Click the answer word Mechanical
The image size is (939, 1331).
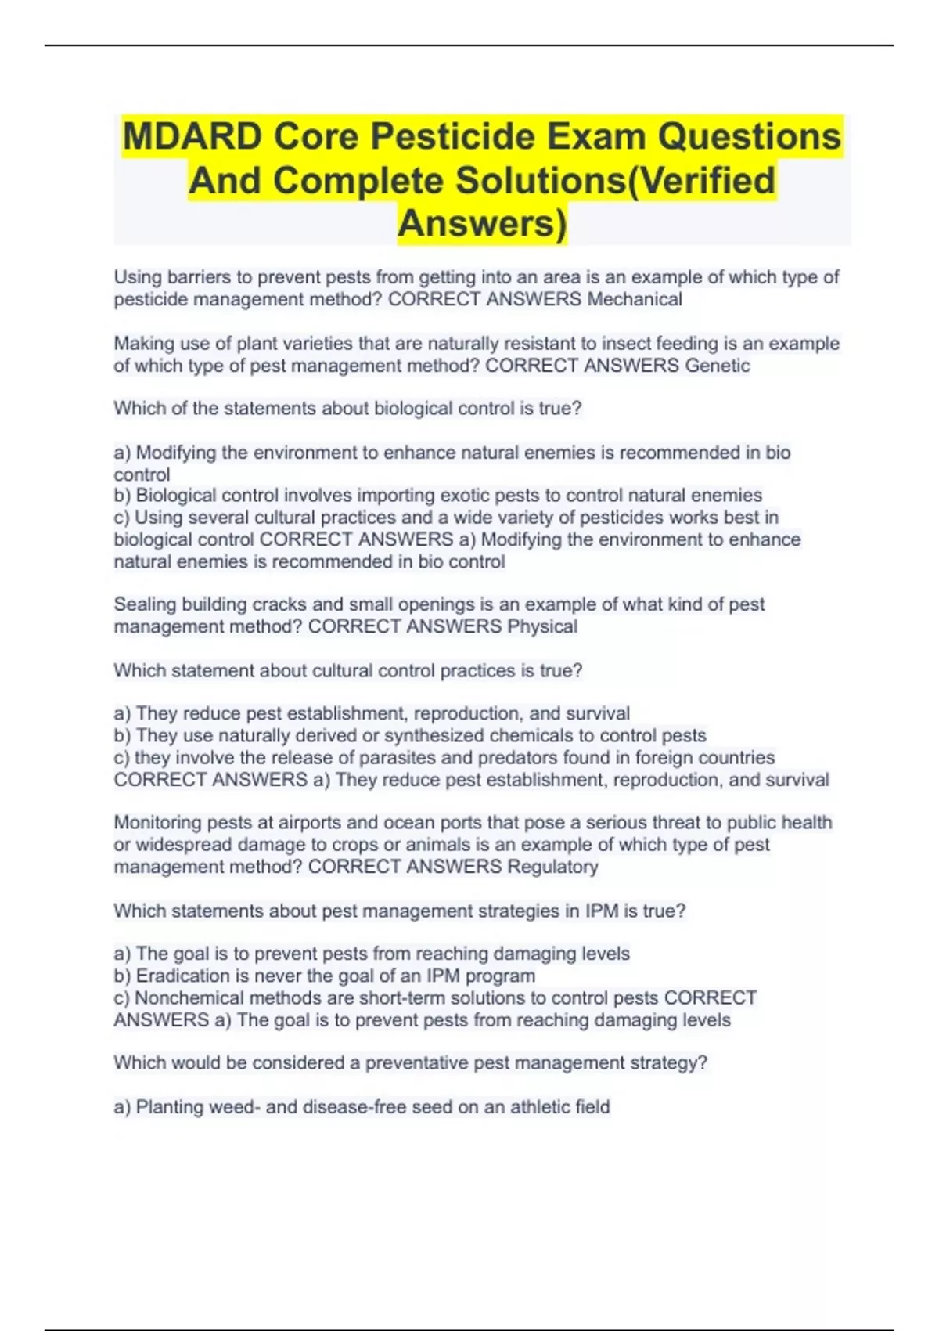pos(635,299)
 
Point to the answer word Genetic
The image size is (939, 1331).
pos(718,366)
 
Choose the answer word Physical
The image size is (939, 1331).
pos(542,626)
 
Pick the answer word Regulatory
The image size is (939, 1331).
pos(552,867)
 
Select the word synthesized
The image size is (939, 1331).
pos(441,736)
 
